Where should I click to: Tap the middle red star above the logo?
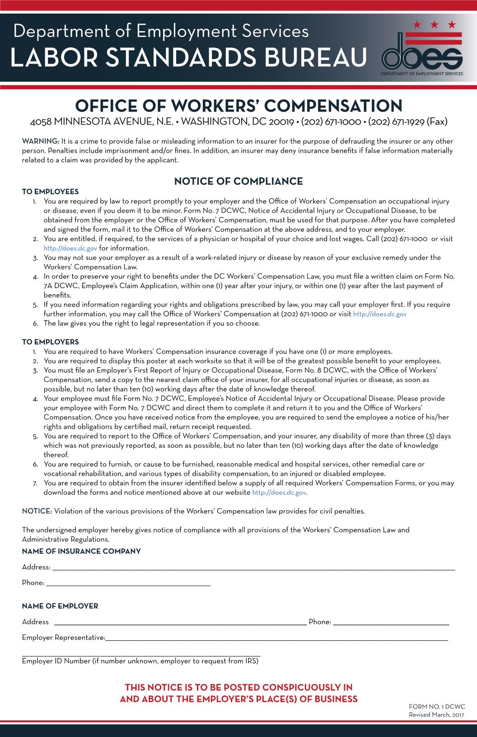[x=435, y=24]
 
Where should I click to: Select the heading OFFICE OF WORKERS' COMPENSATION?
[x=238, y=106]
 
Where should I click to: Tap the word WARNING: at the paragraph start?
[x=41, y=141]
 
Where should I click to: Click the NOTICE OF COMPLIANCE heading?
[x=238, y=182]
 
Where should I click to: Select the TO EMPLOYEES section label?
[x=50, y=192]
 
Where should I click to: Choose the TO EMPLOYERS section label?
[x=50, y=342]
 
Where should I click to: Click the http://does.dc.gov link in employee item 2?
[x=70, y=248]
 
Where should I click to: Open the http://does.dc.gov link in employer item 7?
[x=279, y=493]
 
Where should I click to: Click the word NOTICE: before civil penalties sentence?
[x=37, y=511]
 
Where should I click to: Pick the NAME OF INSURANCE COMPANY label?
[x=81, y=551]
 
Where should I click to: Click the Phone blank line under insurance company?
[x=128, y=584]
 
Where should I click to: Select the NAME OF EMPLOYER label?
[x=60, y=606]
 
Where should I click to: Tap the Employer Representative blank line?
[x=276, y=639]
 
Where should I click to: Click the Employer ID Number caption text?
[x=140, y=662]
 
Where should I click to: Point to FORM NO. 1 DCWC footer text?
[x=436, y=707]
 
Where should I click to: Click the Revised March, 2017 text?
[x=436, y=715]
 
